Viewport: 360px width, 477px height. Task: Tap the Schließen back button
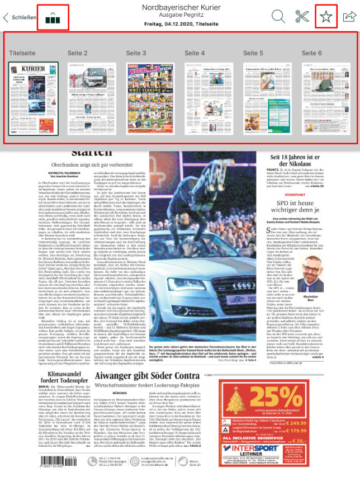[20, 17]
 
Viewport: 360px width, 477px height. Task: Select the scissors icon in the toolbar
[302, 16]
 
